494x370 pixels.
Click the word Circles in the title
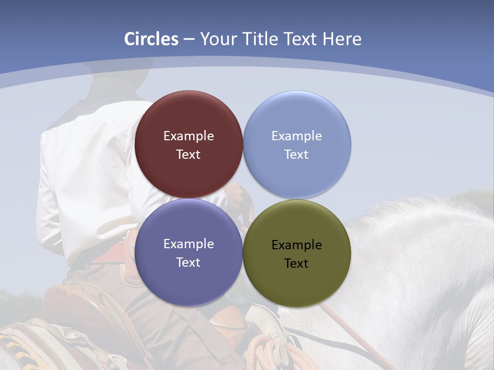click(151, 39)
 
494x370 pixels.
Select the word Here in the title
click(342, 39)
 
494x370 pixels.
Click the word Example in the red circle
click(188, 136)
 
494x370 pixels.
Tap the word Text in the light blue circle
click(296, 155)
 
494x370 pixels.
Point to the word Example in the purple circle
click(188, 244)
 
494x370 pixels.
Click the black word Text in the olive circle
click(296, 264)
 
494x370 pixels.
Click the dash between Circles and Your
click(189, 40)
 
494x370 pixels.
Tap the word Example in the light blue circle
click(296, 136)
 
